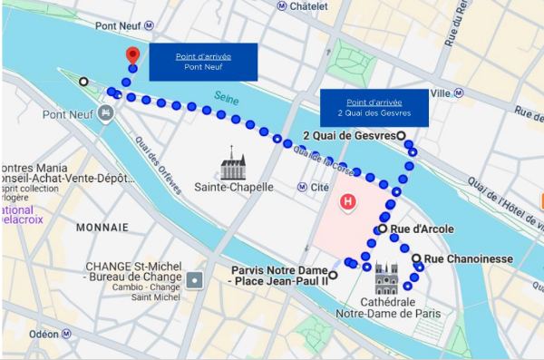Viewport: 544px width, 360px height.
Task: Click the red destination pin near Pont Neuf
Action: click(131, 54)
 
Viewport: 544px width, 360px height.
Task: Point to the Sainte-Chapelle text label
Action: click(234, 188)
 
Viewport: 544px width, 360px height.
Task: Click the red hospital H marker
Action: click(345, 200)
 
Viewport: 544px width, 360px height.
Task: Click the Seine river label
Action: click(226, 96)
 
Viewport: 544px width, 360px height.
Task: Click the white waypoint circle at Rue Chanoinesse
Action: click(416, 258)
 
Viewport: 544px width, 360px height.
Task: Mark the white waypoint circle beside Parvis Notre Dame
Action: click(333, 275)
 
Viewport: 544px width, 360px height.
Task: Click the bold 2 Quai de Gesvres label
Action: click(348, 136)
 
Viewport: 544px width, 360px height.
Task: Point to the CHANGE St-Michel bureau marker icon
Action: click(193, 280)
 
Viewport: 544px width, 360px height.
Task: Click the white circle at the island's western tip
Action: click(83, 81)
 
